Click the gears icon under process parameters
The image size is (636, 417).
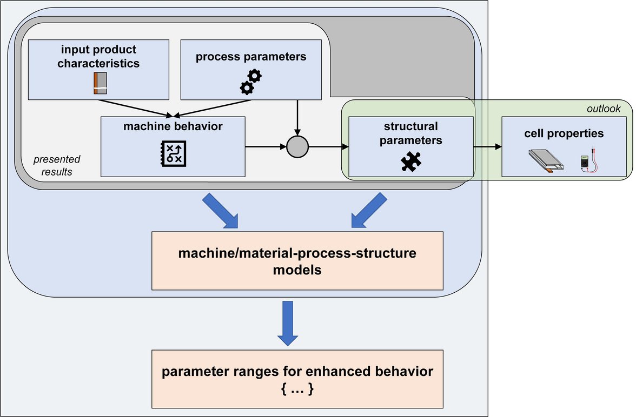(x=250, y=82)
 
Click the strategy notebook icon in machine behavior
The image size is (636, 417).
(x=173, y=153)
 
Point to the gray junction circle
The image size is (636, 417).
(x=297, y=146)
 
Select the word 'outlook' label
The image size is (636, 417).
(x=604, y=109)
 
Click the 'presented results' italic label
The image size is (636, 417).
(x=57, y=166)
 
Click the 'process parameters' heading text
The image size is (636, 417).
(x=251, y=56)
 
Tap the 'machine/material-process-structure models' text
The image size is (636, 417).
(x=297, y=261)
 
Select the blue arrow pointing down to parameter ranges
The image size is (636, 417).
(x=288, y=323)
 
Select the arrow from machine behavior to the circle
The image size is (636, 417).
(x=265, y=146)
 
